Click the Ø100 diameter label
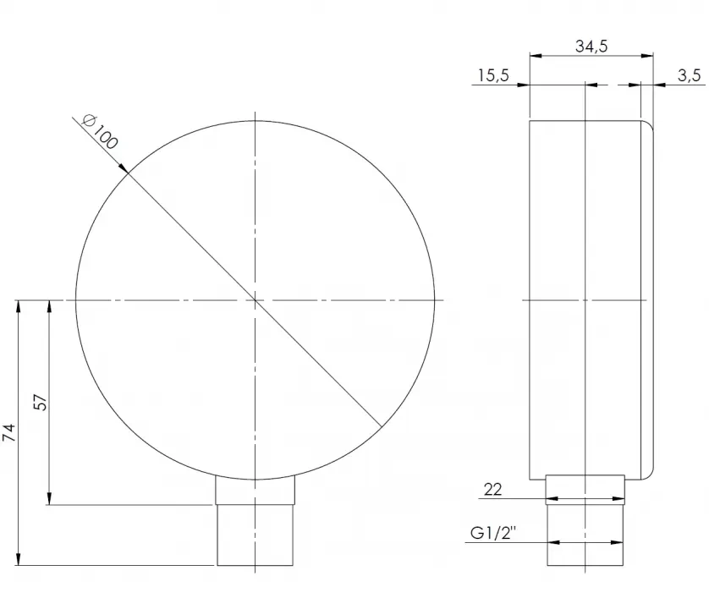click(100, 132)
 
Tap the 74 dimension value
click(9, 433)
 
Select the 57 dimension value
click(41, 403)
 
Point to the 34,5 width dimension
click(591, 47)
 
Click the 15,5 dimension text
click(493, 75)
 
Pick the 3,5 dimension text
click(689, 75)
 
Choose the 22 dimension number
click(492, 490)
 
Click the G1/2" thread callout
click(493, 533)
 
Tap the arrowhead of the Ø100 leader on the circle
click(123, 167)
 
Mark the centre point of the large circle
click(255, 300)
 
